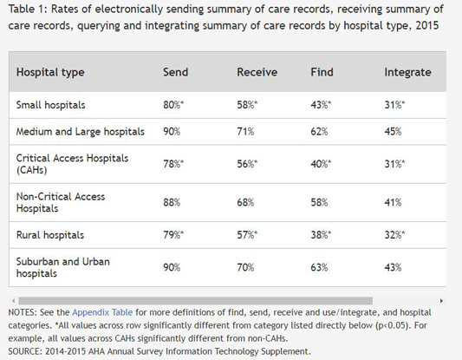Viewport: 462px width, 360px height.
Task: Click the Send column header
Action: click(175, 72)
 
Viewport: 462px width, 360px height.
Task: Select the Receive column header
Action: click(257, 72)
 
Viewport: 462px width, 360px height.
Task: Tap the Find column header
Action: click(322, 72)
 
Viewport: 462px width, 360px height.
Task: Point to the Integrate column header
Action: click(407, 72)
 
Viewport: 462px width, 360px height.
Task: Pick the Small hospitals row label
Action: click(51, 104)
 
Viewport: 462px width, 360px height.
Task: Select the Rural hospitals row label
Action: click(49, 235)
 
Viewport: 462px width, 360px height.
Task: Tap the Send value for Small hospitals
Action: click(173, 104)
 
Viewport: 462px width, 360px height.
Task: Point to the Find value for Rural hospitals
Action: click(321, 235)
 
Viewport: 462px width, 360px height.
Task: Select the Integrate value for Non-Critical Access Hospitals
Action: click(393, 202)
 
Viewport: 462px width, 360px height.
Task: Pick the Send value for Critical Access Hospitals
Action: click(173, 163)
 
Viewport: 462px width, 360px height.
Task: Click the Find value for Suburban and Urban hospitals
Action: click(319, 267)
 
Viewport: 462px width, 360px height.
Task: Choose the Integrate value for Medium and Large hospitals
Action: click(393, 131)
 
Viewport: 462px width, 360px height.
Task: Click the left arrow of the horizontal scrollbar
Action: click(12, 300)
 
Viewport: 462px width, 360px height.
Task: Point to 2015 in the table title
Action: click(423, 25)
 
